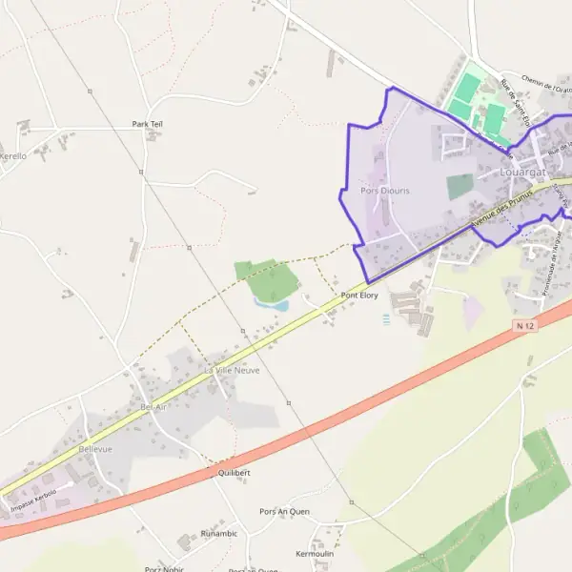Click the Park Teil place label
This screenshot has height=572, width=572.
tap(147, 124)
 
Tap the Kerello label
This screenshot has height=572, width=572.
tap(12, 155)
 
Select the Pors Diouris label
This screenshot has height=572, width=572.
tap(385, 191)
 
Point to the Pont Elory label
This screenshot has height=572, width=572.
tap(359, 296)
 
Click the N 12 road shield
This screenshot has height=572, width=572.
tap(521, 326)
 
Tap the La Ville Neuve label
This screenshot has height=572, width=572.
tap(232, 369)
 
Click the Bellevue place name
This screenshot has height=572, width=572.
tap(95, 448)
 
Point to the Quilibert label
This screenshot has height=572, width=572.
tap(234, 473)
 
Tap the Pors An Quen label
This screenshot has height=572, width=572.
tap(284, 512)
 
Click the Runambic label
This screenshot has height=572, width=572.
tap(218, 534)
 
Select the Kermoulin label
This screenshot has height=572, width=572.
tap(316, 554)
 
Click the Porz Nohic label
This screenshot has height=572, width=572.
tap(165, 568)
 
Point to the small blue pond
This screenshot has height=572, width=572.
tap(271, 305)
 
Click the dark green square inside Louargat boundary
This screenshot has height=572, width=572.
tap(460, 186)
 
